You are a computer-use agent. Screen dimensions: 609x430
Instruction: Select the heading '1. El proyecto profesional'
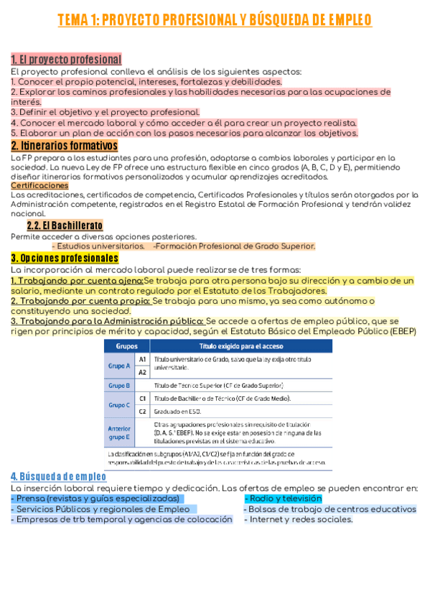pyautogui.click(x=66, y=59)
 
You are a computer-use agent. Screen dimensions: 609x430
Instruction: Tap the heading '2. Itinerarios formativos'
pyautogui.click(x=65, y=146)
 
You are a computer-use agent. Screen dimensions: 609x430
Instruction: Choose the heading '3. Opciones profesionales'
pyautogui.click(x=65, y=258)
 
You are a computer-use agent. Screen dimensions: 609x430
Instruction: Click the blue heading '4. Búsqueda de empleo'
pyautogui.click(x=58, y=477)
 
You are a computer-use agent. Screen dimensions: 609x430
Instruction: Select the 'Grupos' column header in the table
pyautogui.click(x=117, y=345)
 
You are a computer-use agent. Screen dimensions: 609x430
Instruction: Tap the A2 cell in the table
pyautogui.click(x=142, y=372)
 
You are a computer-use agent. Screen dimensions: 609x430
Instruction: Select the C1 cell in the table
pyautogui.click(x=142, y=398)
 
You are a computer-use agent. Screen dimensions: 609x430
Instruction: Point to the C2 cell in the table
pyautogui.click(x=142, y=412)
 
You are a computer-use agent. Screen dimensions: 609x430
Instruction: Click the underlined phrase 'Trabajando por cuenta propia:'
pyautogui.click(x=80, y=301)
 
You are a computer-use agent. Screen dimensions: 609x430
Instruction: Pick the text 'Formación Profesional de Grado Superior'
pyautogui.click(x=235, y=246)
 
